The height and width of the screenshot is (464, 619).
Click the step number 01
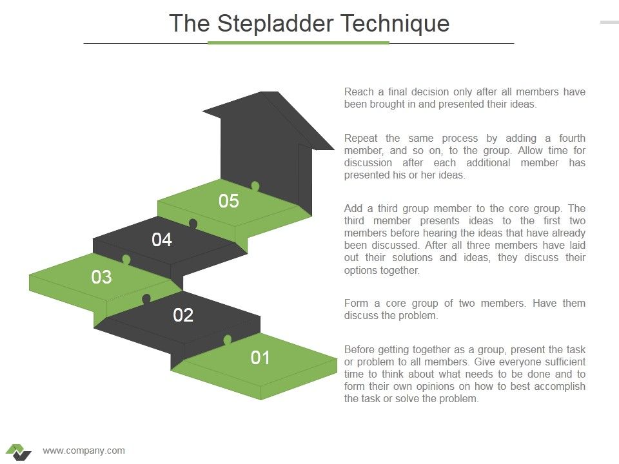coord(260,358)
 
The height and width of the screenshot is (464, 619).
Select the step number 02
coord(183,315)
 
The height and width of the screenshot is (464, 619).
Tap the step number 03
coord(101,277)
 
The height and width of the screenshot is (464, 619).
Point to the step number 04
coord(162,240)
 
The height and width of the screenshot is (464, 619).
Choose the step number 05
coord(228,201)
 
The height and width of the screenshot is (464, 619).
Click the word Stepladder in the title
coord(275,24)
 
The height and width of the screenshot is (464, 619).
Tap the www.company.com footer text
coord(84,450)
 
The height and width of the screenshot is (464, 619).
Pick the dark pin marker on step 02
coord(146,299)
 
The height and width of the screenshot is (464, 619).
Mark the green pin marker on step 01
coord(227,340)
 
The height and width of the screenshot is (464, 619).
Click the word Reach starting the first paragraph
coord(359,92)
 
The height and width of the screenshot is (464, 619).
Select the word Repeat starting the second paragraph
coord(361,139)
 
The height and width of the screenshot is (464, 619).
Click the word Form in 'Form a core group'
coord(356,304)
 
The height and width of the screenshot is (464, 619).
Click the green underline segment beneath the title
coord(299,43)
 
